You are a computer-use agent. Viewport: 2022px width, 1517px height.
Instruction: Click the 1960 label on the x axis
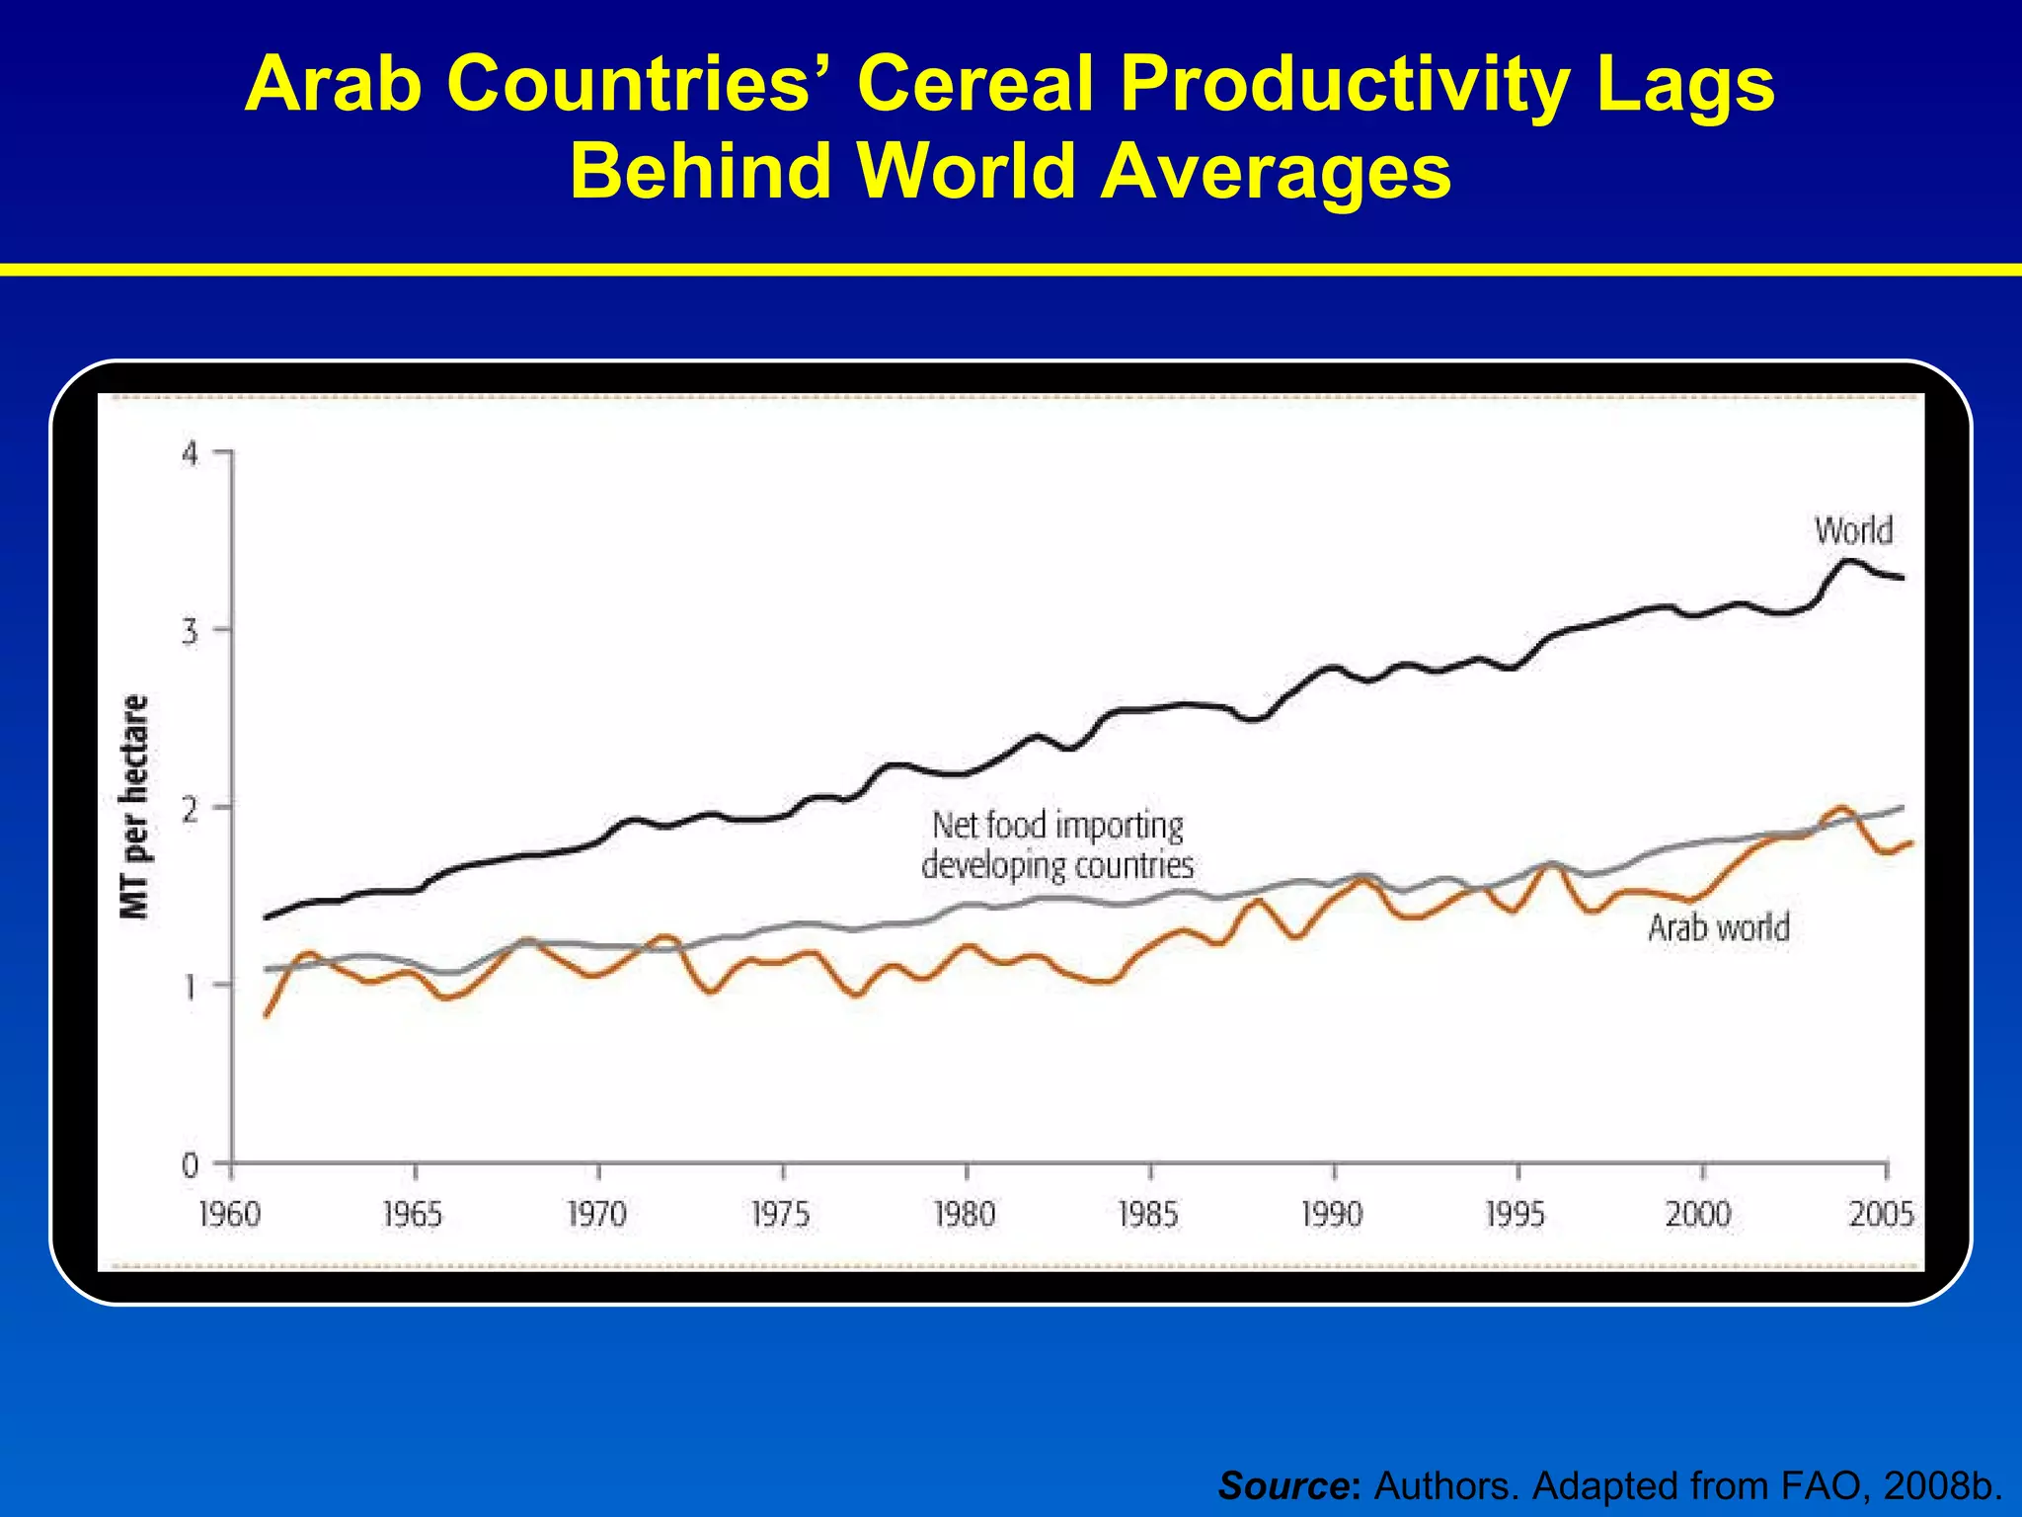[229, 1213]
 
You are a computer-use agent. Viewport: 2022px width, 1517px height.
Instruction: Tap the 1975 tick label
[780, 1213]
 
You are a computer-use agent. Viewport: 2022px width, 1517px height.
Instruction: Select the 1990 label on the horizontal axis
[1332, 1213]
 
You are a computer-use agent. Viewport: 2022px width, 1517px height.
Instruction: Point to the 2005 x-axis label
[1882, 1213]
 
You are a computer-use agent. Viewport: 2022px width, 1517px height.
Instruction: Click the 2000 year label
[1698, 1213]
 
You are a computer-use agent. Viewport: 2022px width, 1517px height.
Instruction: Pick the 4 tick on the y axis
[190, 454]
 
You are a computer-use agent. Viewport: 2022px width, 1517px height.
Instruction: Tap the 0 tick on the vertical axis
[190, 1165]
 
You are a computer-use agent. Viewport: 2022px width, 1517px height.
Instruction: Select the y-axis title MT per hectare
[134, 807]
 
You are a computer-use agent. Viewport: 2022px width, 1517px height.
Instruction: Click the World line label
[1853, 531]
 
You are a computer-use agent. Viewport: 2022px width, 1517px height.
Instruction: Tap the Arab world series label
[1719, 927]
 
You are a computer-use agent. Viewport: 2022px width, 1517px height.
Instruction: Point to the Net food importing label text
[1057, 826]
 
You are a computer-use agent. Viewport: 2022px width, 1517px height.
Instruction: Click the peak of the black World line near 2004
[1849, 560]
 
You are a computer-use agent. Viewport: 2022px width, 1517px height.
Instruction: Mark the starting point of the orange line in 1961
[266, 1015]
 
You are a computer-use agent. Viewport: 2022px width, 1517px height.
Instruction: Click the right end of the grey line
[1902, 808]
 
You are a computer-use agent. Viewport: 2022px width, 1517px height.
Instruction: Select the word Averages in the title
[1275, 171]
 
